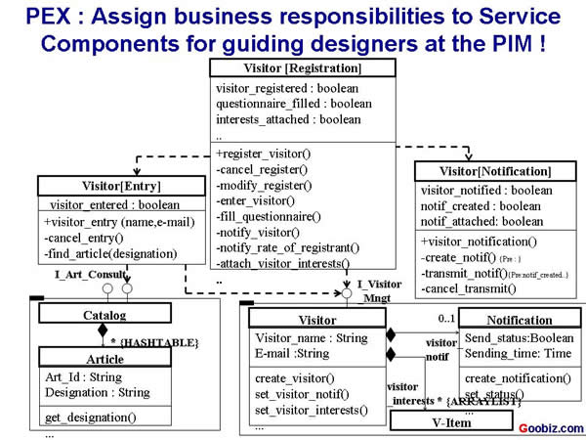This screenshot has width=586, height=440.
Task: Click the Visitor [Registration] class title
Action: pos(302,68)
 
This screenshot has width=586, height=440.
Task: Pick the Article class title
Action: pos(105,359)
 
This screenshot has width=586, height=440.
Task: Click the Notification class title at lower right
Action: pos(519,320)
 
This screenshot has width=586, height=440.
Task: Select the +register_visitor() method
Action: pos(262,154)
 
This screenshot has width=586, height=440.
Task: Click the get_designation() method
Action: pos(91,418)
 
